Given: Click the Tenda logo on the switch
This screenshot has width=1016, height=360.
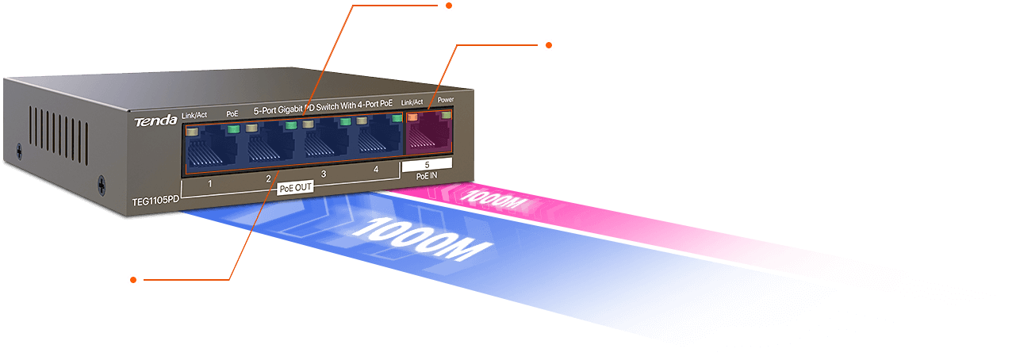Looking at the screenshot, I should point(149,121).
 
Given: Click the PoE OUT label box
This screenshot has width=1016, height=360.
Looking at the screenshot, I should point(296,189).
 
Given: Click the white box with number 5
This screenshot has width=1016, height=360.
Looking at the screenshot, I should point(427,164).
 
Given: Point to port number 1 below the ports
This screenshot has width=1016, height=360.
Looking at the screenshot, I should point(209,184).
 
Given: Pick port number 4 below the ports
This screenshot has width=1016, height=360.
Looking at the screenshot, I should point(376,169).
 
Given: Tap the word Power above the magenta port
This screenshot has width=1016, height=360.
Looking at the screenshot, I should point(446,101).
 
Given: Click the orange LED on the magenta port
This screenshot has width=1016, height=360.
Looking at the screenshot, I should point(412,117).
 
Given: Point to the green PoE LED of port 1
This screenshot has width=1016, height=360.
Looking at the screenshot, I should point(233,128).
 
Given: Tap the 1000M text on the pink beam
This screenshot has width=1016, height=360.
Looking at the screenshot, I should point(493,198).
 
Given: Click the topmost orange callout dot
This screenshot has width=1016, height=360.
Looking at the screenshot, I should point(448,6).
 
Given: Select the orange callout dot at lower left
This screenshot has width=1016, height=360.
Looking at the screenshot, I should point(133,279).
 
